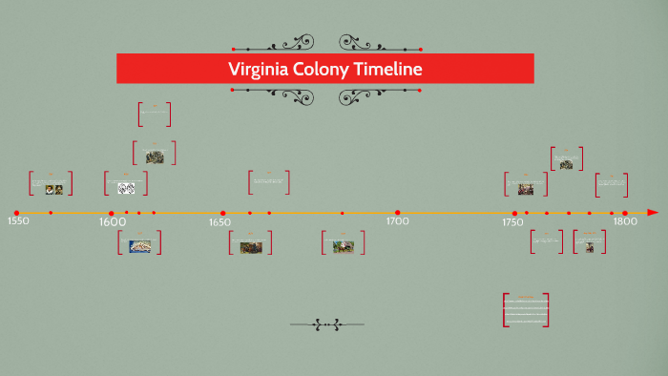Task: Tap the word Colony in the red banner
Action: pos(326,69)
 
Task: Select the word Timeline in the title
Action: pos(390,69)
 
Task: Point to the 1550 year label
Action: pos(18,221)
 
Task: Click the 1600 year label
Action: pos(113,222)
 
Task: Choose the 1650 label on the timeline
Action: pos(219,222)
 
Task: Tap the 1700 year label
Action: pos(397,221)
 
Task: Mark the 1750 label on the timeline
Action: pos(512,222)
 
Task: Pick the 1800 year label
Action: pos(624,221)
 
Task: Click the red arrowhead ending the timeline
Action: pos(653,212)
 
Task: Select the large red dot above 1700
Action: pos(397,213)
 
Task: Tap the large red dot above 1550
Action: pos(16,213)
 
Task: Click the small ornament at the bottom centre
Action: pos(326,325)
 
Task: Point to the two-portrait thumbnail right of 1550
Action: pos(53,189)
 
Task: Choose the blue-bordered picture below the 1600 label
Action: pos(139,246)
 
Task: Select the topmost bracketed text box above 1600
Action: pos(154,115)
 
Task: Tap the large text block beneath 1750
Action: pos(526,310)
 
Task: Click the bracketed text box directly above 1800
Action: pos(611,184)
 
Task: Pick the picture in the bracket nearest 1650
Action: pos(251,247)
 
